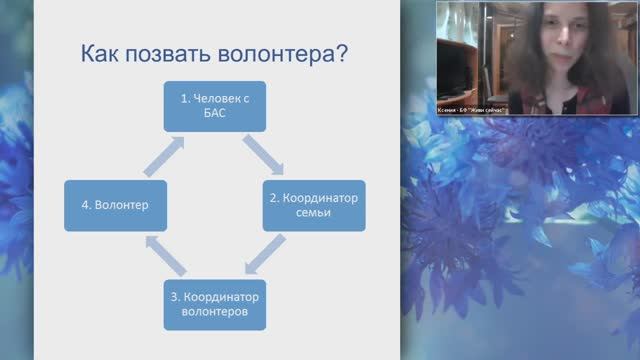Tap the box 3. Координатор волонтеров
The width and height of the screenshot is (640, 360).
pyautogui.click(x=214, y=305)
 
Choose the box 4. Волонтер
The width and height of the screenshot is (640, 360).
pyautogui.click(x=116, y=206)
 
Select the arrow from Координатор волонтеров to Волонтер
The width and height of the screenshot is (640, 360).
pyautogui.click(x=163, y=257)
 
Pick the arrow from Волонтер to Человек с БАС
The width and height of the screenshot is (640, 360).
pyautogui.click(x=164, y=155)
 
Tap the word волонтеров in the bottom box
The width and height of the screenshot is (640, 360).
pyautogui.click(x=214, y=314)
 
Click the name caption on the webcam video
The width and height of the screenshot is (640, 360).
pyautogui.click(x=472, y=109)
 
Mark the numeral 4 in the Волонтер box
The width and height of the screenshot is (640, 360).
pyautogui.click(x=84, y=206)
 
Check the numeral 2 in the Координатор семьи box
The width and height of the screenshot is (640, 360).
pyautogui.click(x=272, y=197)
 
